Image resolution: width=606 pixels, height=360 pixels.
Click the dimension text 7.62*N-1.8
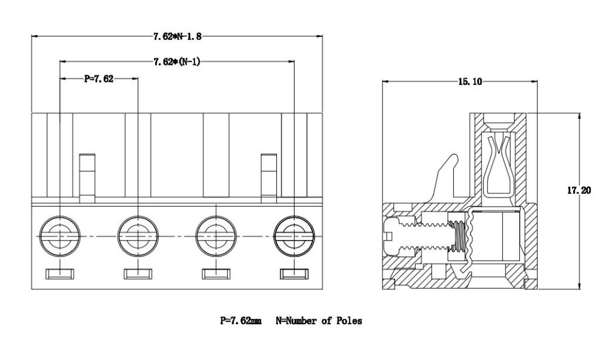click(x=178, y=37)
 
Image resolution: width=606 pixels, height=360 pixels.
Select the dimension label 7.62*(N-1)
click(x=177, y=61)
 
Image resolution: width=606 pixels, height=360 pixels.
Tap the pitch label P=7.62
click(x=99, y=79)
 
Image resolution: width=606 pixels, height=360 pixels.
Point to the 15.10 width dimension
click(x=470, y=82)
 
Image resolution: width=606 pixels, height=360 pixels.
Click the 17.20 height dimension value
click(x=579, y=190)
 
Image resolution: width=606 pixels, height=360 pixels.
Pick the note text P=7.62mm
click(x=241, y=321)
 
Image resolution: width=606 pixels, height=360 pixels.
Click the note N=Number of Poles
click(x=319, y=321)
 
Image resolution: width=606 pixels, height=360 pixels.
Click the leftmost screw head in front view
click(x=60, y=236)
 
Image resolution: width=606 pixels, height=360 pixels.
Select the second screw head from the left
click(x=138, y=236)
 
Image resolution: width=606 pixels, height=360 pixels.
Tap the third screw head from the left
click(x=216, y=236)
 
